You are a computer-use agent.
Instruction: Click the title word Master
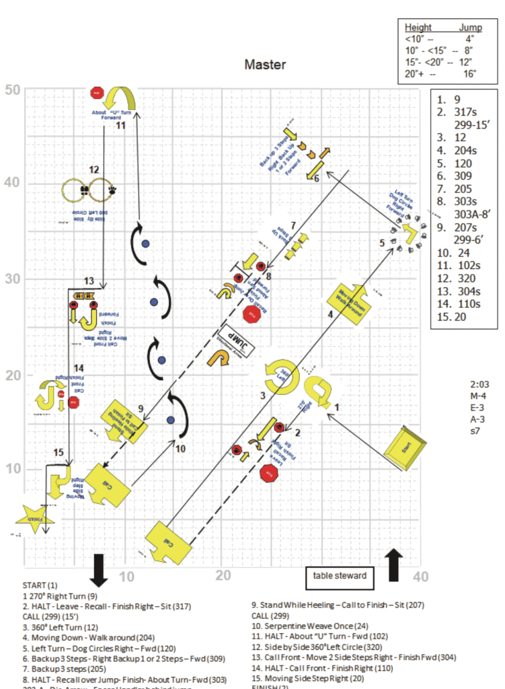[265, 65]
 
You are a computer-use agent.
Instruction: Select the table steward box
[340, 575]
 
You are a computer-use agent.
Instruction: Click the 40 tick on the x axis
[421, 577]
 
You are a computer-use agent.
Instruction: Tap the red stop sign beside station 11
[97, 92]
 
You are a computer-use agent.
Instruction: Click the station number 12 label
[94, 170]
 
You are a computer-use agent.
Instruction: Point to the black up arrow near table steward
[395, 563]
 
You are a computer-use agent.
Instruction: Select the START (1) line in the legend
[40, 585]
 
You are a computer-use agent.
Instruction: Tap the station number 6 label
[317, 178]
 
